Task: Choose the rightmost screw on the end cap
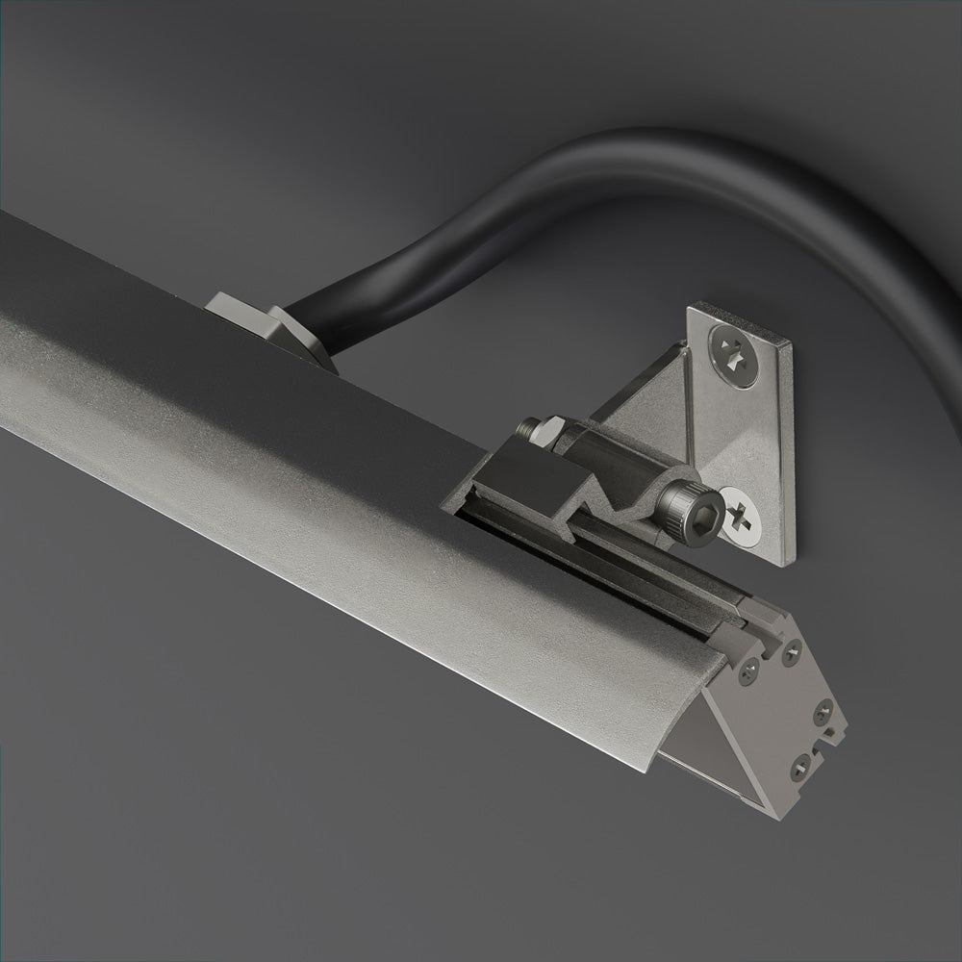click(823, 713)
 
